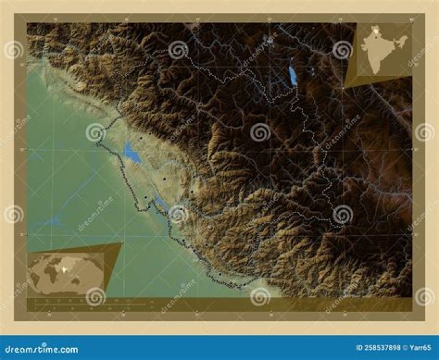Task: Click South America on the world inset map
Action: [x=37, y=277]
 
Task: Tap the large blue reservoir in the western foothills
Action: [x=132, y=152]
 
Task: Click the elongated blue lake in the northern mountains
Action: [x=293, y=76]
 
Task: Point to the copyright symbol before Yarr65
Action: [x=406, y=348]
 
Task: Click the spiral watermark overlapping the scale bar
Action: [x=95, y=296]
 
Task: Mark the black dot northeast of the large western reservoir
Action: [x=141, y=139]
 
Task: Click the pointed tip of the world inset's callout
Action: [x=123, y=242]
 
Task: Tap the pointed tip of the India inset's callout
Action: [x=343, y=89]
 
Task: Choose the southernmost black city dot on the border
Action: [x=240, y=286]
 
